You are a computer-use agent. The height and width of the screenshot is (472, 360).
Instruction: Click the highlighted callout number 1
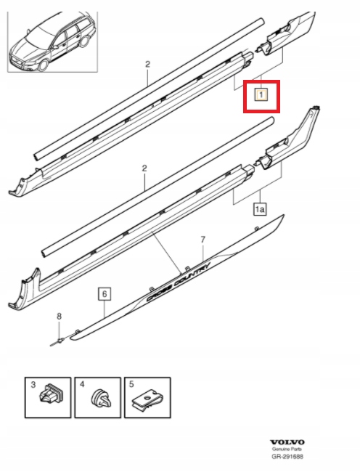[x=261, y=95]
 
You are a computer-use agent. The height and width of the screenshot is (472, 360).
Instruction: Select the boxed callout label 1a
[x=260, y=209]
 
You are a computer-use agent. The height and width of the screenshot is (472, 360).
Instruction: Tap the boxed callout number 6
[x=105, y=294]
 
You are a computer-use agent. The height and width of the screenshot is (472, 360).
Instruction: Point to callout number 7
[x=203, y=240]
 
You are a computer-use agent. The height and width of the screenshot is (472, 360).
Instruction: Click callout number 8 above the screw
[x=60, y=316]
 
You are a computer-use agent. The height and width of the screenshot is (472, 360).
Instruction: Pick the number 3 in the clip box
[x=33, y=384]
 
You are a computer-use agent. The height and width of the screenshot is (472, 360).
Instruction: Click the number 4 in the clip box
[x=83, y=384]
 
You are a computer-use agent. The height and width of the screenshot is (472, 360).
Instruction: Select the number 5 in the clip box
[x=131, y=384]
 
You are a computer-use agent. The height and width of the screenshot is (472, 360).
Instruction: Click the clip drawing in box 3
[x=51, y=395]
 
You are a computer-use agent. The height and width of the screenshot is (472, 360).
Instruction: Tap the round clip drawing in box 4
[x=101, y=398]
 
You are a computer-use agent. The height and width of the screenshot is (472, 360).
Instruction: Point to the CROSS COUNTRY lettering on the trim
[x=178, y=282]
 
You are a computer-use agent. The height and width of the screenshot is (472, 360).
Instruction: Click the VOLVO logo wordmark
[x=287, y=442]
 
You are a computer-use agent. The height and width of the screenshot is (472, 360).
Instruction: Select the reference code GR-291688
[x=287, y=457]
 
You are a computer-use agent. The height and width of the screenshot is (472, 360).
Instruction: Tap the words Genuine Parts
[x=287, y=449]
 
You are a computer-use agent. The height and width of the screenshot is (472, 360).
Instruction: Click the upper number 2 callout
[x=147, y=64]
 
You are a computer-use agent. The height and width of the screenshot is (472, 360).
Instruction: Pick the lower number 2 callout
[x=144, y=168]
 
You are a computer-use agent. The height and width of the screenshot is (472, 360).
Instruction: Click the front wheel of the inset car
[x=44, y=65]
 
